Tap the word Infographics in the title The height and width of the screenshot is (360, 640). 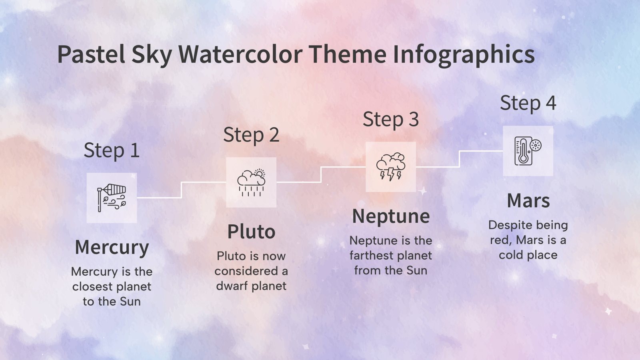click(x=464, y=55)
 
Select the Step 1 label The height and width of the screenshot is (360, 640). click(x=112, y=151)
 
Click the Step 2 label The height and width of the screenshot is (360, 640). click(x=251, y=135)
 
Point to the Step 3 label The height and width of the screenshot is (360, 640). click(x=391, y=119)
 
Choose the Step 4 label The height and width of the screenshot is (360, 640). click(x=528, y=103)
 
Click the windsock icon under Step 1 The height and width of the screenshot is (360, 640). click(x=112, y=198)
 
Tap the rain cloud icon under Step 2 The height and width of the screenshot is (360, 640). click(x=251, y=182)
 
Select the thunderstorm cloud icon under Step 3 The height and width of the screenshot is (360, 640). click(x=391, y=166)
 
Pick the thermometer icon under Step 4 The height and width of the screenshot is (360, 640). click(x=528, y=151)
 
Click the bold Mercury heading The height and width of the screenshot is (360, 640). click(x=112, y=247)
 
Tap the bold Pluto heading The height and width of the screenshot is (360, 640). click(x=251, y=232)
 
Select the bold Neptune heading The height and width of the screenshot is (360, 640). click(x=391, y=216)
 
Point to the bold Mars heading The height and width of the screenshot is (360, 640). click(x=528, y=200)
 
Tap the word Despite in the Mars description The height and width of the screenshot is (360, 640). click(x=508, y=225)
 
